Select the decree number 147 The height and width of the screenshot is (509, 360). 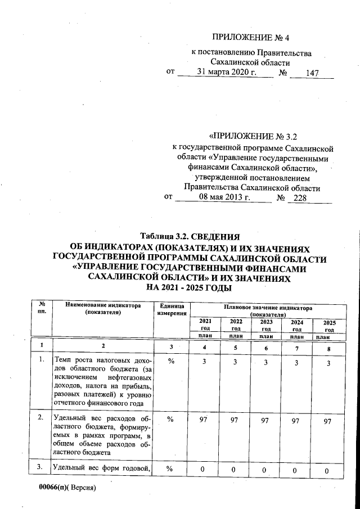312,74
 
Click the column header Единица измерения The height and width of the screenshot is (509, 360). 172,309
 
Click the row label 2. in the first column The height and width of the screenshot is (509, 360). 40,418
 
